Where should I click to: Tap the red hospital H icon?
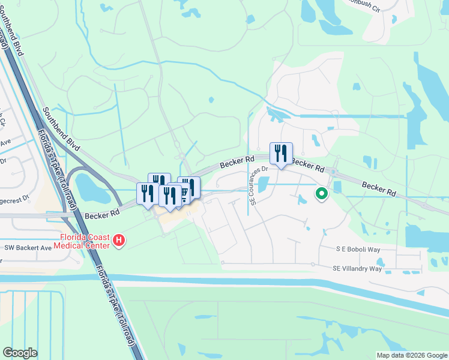119,241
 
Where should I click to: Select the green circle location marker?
322,194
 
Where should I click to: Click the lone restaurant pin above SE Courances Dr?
280,154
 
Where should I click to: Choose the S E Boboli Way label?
358,249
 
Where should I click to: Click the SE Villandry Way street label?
357,268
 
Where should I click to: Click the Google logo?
20,353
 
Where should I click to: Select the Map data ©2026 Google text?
411,355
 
